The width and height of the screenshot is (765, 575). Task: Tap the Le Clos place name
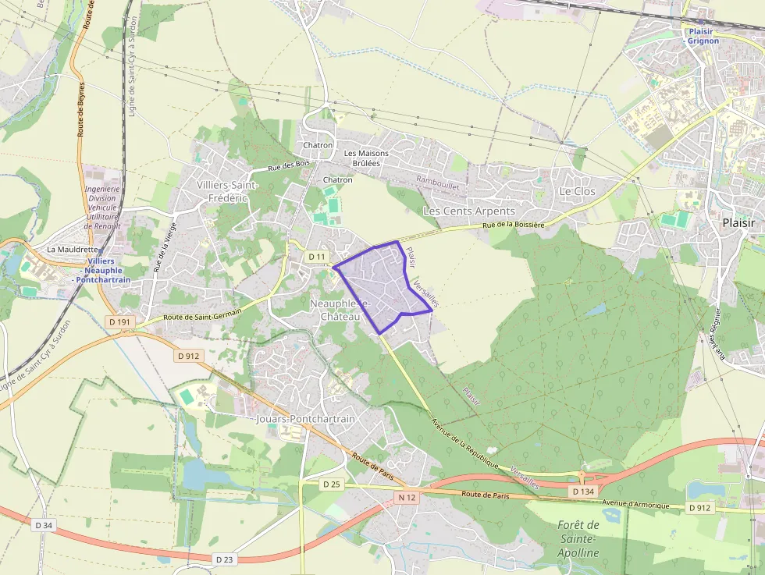(x=577, y=191)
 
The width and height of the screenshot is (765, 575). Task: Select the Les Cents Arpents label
(x=468, y=211)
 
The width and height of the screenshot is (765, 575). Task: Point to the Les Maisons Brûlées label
(x=361, y=158)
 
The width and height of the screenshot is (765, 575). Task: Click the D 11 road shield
(x=316, y=257)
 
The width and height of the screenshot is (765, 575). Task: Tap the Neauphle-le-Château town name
(x=340, y=310)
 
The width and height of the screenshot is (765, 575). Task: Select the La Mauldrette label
(x=73, y=250)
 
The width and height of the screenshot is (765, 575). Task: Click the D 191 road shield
(x=119, y=321)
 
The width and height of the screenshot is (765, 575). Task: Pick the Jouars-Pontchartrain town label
(x=305, y=419)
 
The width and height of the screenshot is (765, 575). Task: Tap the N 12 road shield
(x=405, y=497)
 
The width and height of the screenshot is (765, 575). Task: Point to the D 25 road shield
(x=332, y=484)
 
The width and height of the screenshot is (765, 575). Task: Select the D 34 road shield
(x=44, y=525)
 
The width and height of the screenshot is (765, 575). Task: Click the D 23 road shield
(x=225, y=559)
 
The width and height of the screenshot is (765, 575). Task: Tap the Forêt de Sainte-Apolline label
(x=578, y=539)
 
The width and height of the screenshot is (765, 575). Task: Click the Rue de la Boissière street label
(x=512, y=225)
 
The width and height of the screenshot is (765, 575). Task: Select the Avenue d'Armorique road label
(x=635, y=505)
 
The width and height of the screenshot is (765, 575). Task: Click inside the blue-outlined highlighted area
(x=379, y=285)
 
